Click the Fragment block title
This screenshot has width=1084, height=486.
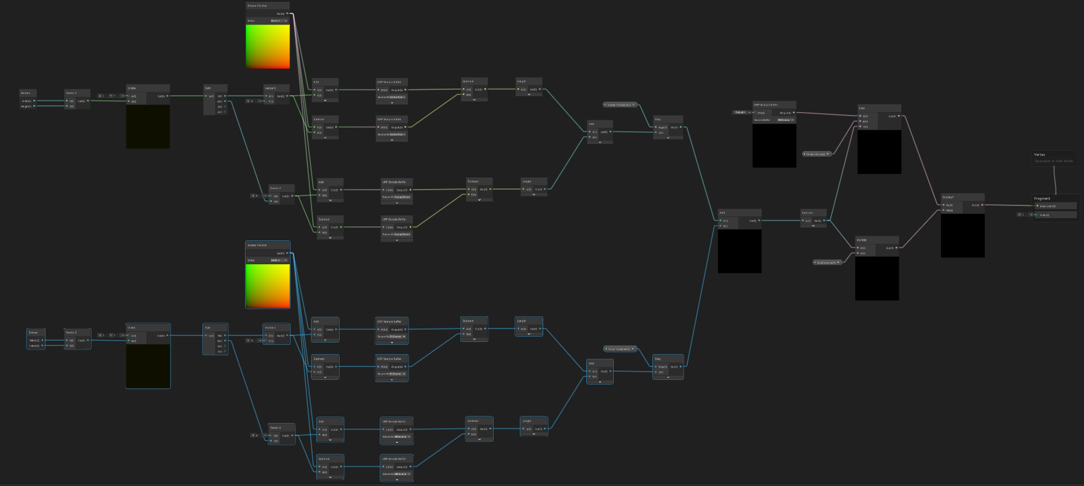(x=1042, y=198)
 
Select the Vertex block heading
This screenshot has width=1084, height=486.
(x=1040, y=155)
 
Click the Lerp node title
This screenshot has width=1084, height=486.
(x=862, y=108)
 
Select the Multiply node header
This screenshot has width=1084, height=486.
(x=862, y=240)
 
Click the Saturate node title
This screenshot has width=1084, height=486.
(x=807, y=212)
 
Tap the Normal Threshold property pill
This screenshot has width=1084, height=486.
(x=619, y=105)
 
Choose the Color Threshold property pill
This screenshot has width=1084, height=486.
(x=619, y=349)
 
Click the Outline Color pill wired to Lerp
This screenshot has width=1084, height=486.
(x=816, y=154)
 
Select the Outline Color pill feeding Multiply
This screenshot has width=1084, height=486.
(x=827, y=263)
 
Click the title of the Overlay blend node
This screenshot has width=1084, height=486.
(x=948, y=197)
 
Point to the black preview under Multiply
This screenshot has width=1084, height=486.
(x=877, y=278)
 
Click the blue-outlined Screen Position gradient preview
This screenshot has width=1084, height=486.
(x=268, y=286)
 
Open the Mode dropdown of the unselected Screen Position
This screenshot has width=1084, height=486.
(x=279, y=21)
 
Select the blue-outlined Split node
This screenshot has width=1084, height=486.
(x=208, y=328)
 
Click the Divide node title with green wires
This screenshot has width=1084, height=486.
(x=132, y=88)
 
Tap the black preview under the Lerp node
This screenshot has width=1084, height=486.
(x=879, y=152)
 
